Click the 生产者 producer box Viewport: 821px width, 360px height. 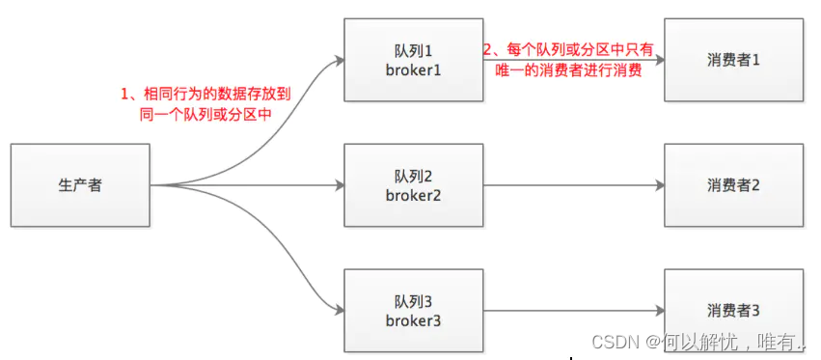coord(80,185)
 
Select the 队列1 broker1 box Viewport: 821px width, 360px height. coord(413,59)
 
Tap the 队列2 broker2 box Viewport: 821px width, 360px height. coord(413,185)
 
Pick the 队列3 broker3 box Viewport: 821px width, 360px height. coord(413,311)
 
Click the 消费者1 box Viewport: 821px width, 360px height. coord(733,59)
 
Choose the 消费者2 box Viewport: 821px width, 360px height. coord(733,185)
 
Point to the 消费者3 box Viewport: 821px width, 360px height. coord(733,311)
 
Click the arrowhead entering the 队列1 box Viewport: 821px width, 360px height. coord(339,60)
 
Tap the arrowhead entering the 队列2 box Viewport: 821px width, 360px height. coord(339,185)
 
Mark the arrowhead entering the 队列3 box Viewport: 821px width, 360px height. coord(339,311)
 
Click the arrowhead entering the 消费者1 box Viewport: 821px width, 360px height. coord(658,59)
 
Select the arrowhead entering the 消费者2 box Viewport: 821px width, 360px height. coord(658,185)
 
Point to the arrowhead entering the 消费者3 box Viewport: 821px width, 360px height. coord(658,311)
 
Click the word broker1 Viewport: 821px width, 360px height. coord(413,69)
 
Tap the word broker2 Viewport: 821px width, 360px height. coord(413,195)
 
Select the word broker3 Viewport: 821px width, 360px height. coord(413,320)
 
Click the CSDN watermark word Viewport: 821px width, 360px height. coord(610,341)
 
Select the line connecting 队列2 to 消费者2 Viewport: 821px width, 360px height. coord(569,185)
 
